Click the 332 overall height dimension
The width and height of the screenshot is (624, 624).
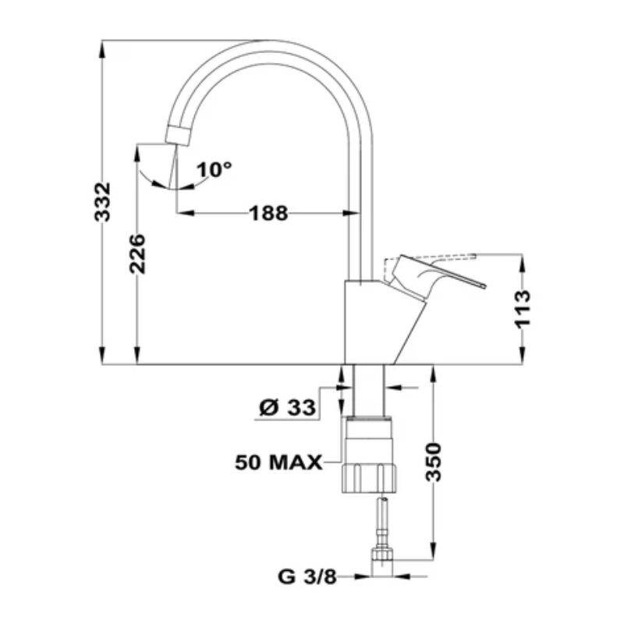click(102, 201)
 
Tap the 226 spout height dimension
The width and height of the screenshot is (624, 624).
click(138, 254)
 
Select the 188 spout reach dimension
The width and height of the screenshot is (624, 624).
click(268, 213)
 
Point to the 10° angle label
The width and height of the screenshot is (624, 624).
click(214, 170)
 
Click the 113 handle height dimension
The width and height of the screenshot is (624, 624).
click(523, 310)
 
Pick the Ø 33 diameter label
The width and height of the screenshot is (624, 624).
click(287, 407)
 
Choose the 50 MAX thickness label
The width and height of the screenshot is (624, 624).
click(278, 463)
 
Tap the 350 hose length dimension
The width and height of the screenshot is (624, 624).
click(434, 462)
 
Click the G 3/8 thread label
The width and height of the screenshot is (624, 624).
click(307, 576)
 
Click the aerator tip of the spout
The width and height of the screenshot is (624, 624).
click(178, 136)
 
